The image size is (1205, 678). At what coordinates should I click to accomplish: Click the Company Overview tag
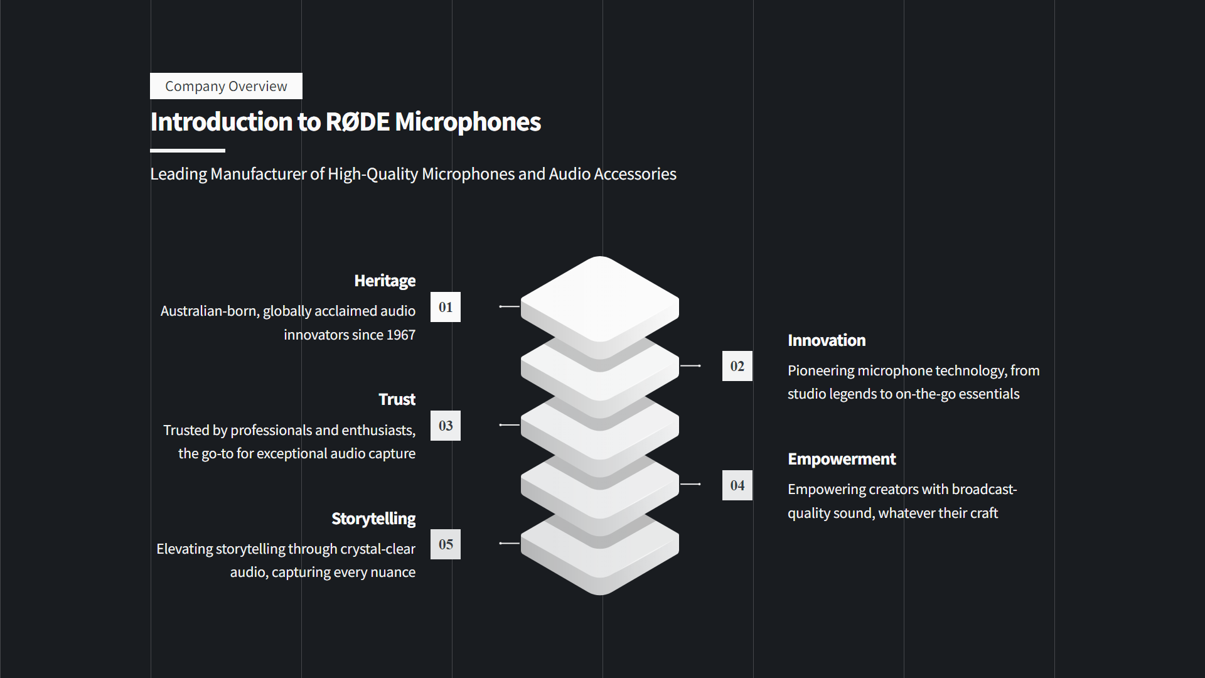[x=226, y=86]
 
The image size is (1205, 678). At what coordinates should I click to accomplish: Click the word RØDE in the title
[x=358, y=122]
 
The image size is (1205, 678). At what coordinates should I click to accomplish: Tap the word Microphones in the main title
[x=468, y=122]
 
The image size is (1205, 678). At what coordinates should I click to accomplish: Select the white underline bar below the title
[x=187, y=151]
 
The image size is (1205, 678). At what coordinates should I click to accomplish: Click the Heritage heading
[x=384, y=281]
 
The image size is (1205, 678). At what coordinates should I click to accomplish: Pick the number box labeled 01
[x=446, y=307]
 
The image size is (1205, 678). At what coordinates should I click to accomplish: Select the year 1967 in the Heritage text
[x=400, y=335]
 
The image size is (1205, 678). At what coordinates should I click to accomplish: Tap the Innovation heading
[x=827, y=340]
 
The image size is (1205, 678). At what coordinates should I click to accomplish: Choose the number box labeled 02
[x=737, y=366]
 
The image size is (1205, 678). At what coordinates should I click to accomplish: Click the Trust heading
[x=397, y=399]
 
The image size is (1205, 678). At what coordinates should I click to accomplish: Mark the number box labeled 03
[x=446, y=426]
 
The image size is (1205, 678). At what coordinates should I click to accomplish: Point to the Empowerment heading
[x=842, y=459]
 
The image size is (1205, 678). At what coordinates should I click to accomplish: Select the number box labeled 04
[x=737, y=485]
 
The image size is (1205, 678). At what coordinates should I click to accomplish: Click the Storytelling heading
[x=373, y=519]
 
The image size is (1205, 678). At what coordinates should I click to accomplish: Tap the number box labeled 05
[x=446, y=544]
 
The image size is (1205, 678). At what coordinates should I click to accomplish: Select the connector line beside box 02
[x=690, y=365]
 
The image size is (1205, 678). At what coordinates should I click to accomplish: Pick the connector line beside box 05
[x=510, y=543]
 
